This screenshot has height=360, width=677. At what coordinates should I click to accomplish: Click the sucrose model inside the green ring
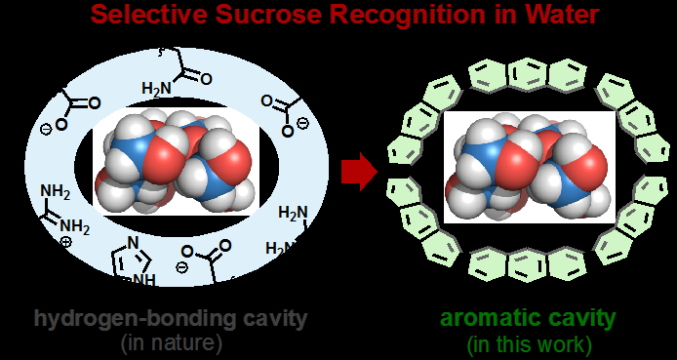point(528,165)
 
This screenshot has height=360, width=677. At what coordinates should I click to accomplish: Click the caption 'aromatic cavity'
point(528,318)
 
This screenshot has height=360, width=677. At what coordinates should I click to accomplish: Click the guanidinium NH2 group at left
point(59,209)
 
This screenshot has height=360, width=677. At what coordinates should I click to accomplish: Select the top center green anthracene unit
point(527,73)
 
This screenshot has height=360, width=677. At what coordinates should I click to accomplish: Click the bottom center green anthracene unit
point(528,261)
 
